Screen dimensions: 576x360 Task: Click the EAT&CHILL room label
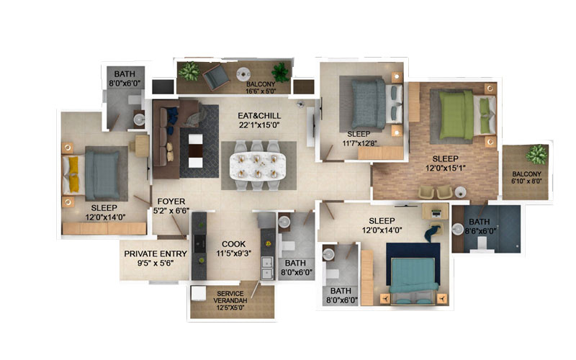point(259,116)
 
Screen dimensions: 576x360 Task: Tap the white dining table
point(258,166)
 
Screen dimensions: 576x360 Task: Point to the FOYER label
point(171,202)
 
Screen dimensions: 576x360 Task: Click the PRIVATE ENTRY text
point(156,253)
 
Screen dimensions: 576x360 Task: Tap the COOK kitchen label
point(233,244)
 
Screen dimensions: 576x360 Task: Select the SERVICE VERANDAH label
point(230,297)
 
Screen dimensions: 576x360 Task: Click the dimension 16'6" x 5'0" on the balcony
point(261,91)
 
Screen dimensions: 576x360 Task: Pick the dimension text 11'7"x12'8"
point(359,143)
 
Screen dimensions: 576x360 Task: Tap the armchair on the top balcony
point(216,76)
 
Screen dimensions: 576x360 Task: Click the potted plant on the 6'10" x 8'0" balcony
point(536,154)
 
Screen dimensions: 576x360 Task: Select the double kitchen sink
point(266,267)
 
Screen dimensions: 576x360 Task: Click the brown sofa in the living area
point(166,138)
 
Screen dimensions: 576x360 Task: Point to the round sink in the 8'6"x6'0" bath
point(458,229)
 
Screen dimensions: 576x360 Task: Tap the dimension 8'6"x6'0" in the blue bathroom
point(480,231)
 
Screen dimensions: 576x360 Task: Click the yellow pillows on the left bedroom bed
point(73,174)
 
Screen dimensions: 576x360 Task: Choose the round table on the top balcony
point(243,74)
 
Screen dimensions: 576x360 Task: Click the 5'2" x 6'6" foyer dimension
point(171,211)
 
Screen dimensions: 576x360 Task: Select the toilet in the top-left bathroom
point(135,100)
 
